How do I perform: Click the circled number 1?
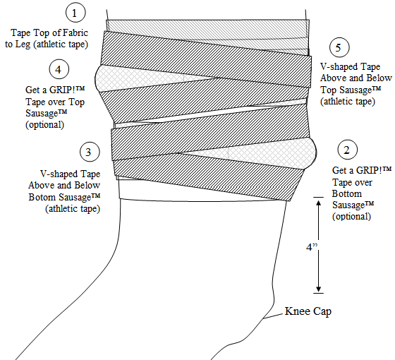point(74,13)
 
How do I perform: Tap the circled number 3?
point(87,152)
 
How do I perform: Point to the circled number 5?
point(341,48)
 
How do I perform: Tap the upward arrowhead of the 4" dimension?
point(320,203)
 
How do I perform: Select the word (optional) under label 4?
point(44,125)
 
